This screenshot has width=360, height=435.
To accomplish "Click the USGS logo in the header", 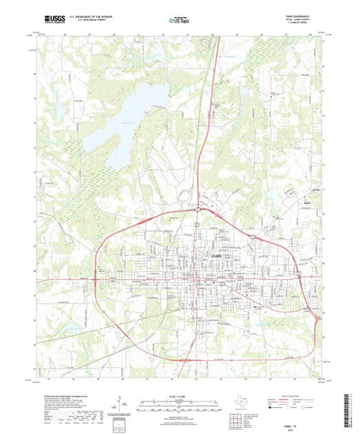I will tap(41, 17).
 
